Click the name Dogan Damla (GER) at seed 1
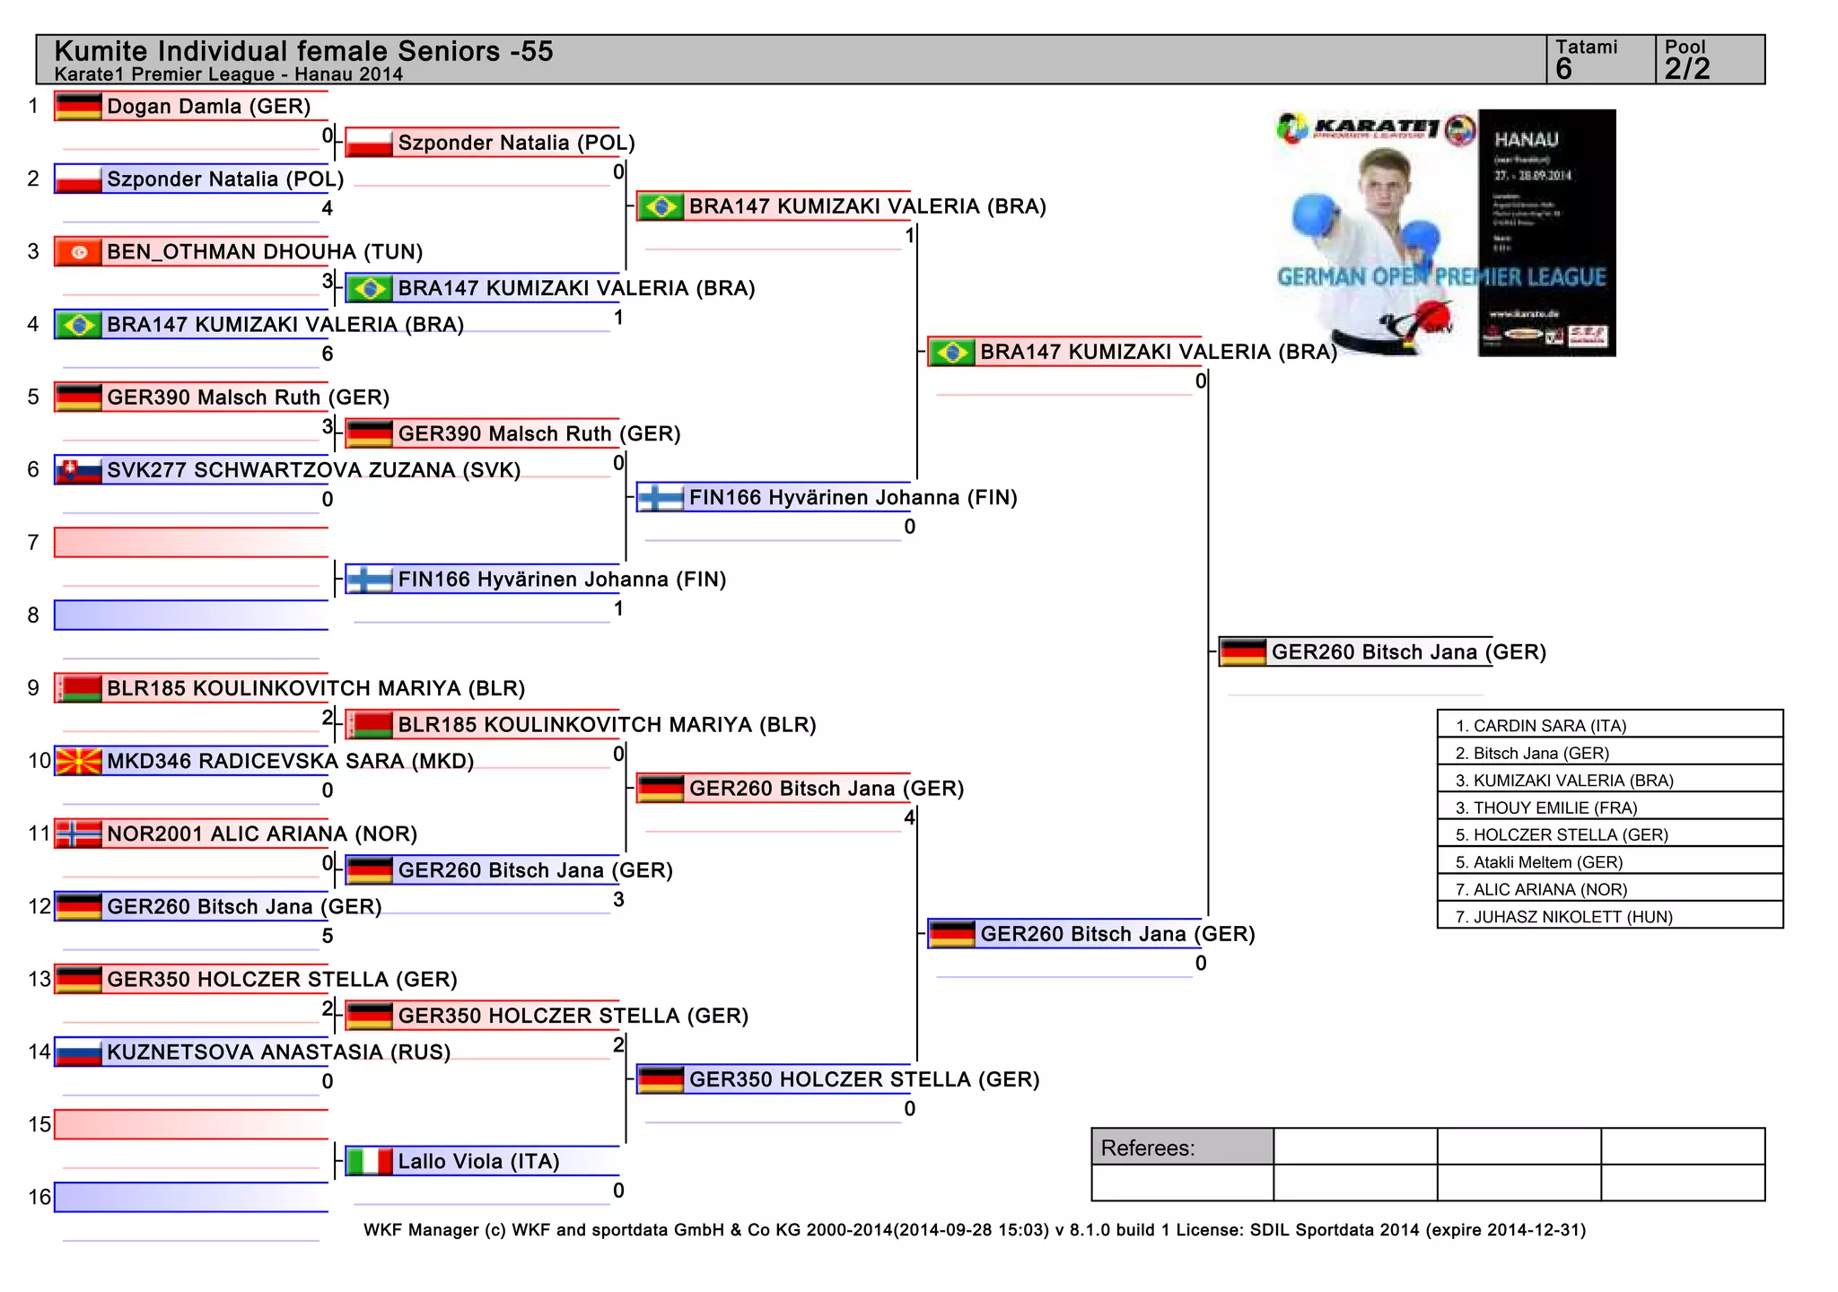click(208, 107)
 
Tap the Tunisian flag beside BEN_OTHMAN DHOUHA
click(78, 252)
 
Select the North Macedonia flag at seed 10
click(78, 762)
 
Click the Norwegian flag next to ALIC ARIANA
click(78, 834)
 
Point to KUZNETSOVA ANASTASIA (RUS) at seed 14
click(278, 1052)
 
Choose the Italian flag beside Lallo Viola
click(369, 1162)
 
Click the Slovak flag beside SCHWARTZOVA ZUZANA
click(78, 470)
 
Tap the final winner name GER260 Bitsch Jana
click(1408, 652)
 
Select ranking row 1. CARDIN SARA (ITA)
click(1541, 726)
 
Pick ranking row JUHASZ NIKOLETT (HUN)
click(1564, 917)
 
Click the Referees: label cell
click(1148, 1148)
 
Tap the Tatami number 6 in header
click(1564, 69)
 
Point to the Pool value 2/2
click(1687, 69)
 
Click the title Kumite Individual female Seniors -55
click(303, 51)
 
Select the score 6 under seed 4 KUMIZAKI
click(328, 354)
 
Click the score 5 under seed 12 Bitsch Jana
click(328, 937)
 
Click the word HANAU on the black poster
click(1526, 140)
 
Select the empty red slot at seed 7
click(191, 543)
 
